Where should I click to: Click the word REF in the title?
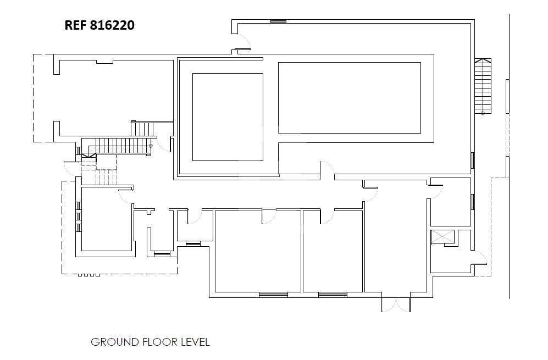point(75,25)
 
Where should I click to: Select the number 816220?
point(112,25)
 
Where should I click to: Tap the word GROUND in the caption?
point(115,342)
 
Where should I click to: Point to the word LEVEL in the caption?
point(195,342)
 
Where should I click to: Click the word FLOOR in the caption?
point(160,342)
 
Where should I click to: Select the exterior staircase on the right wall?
point(483,86)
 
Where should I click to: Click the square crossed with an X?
point(442,237)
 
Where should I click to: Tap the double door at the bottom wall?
point(396,305)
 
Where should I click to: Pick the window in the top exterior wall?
point(278,21)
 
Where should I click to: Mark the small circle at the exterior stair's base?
point(483,113)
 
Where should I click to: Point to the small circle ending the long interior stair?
point(151,146)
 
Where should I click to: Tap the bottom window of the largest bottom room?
point(273,295)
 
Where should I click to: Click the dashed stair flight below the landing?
point(106,177)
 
